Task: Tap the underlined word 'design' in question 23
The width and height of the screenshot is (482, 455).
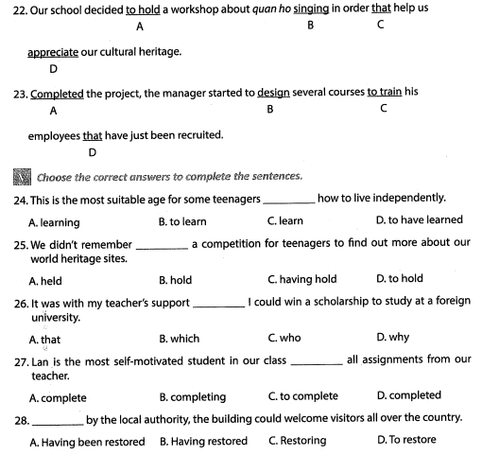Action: pyautogui.click(x=272, y=93)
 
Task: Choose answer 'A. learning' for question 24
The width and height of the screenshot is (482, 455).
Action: pyautogui.click(x=54, y=222)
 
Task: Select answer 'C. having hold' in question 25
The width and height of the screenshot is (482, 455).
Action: pyautogui.click(x=302, y=280)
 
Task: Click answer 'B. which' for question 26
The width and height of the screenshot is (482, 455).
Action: pyautogui.click(x=179, y=338)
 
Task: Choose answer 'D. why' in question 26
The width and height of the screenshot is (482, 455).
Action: pyautogui.click(x=392, y=338)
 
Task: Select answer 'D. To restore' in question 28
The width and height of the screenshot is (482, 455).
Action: pyautogui.click(x=406, y=441)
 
